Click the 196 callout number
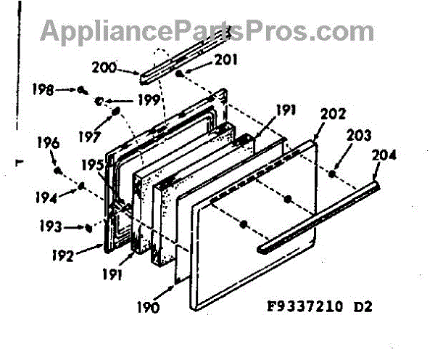click(x=49, y=143)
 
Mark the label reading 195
click(x=92, y=165)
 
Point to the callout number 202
click(x=333, y=114)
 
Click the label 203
click(x=360, y=136)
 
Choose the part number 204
click(x=385, y=155)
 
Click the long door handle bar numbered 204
click(x=319, y=218)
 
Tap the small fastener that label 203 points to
click(x=331, y=173)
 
